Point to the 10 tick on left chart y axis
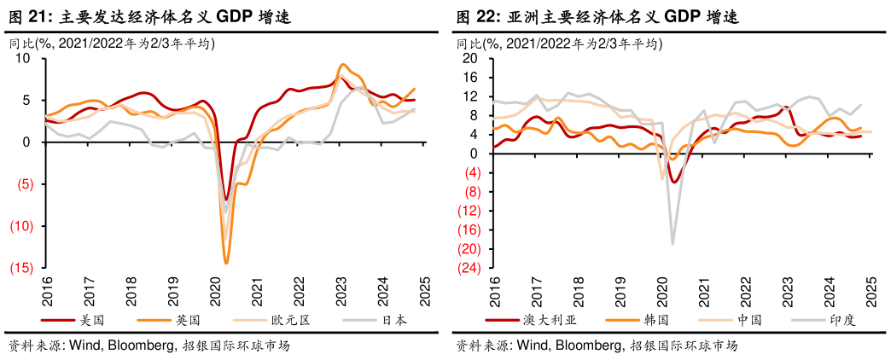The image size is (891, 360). [23, 58]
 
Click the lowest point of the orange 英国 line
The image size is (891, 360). [226, 263]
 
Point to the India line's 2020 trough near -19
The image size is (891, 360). [673, 244]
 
